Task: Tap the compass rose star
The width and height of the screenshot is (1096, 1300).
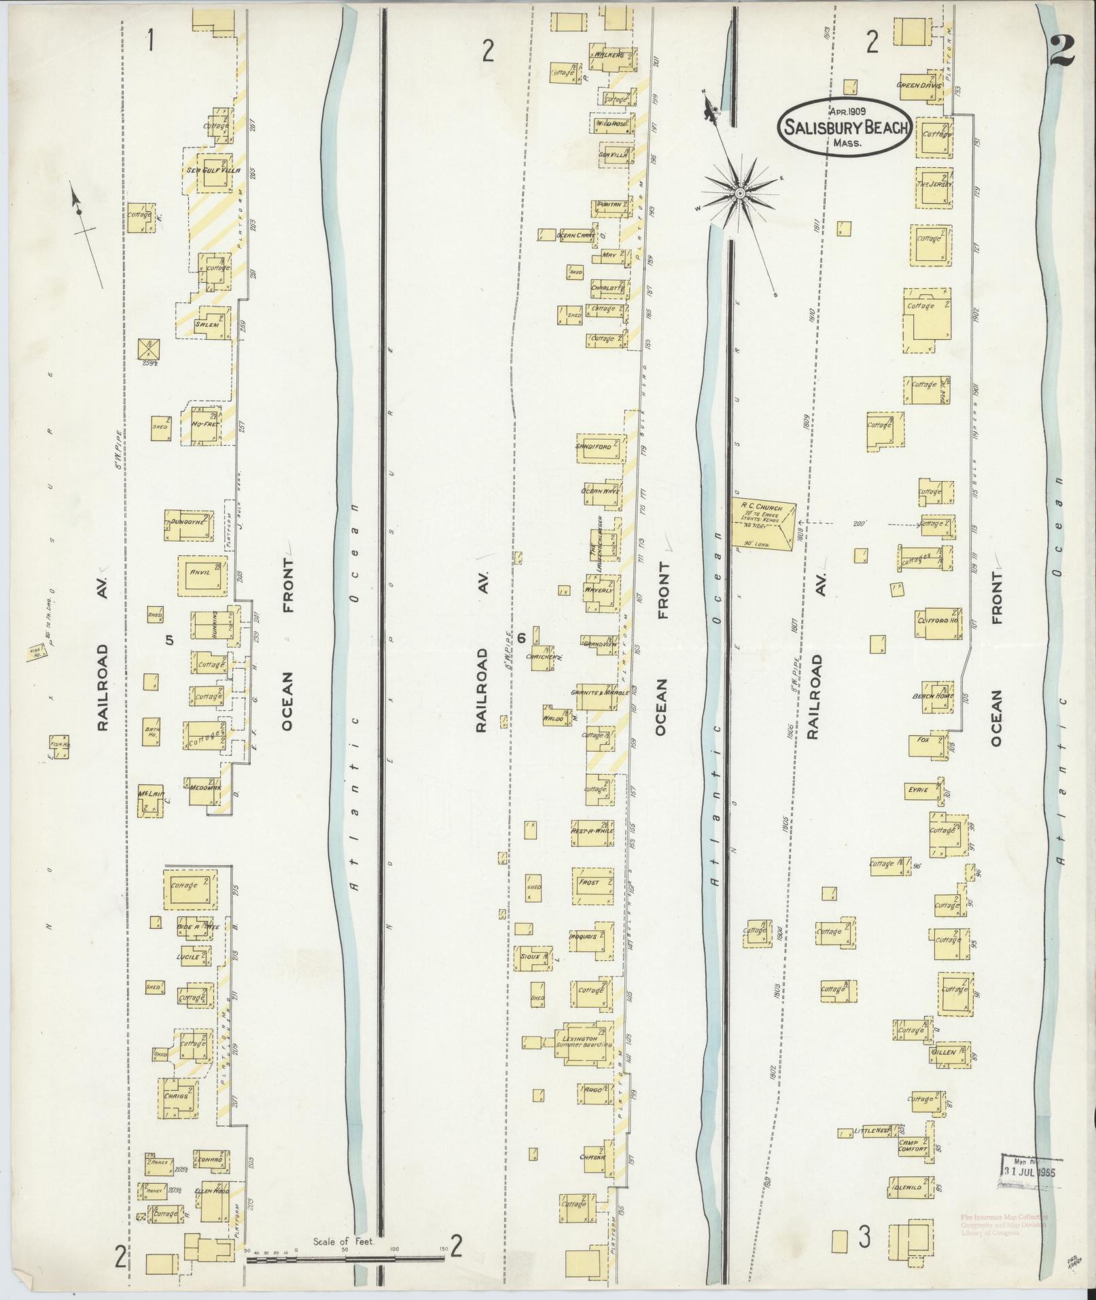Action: [x=739, y=195]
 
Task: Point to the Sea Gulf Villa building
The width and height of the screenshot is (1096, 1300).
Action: [x=213, y=171]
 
